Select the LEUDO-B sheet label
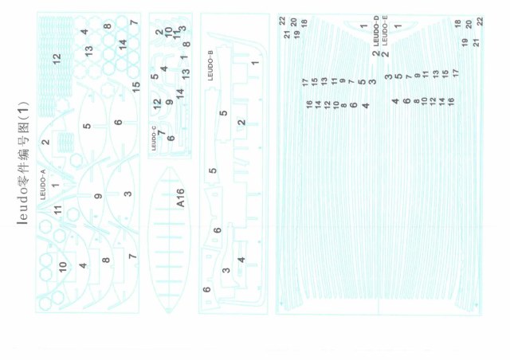pyautogui.click(x=210, y=64)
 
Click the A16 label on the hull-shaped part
pyautogui.click(x=181, y=198)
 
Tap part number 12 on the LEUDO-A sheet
pyautogui.click(x=57, y=58)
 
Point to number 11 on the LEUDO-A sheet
pyautogui.click(x=57, y=209)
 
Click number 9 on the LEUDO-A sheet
pyautogui.click(x=98, y=196)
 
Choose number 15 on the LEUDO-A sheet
pyautogui.click(x=135, y=84)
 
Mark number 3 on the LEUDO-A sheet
pyautogui.click(x=127, y=194)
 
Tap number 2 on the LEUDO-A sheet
pyautogui.click(x=45, y=142)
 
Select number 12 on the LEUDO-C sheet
pyautogui.click(x=157, y=80)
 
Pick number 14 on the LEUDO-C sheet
pyautogui.click(x=180, y=92)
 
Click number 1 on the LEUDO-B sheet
pyautogui.click(x=255, y=62)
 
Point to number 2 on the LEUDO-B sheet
pyautogui.click(x=241, y=122)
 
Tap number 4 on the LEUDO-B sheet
pyautogui.click(x=242, y=260)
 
